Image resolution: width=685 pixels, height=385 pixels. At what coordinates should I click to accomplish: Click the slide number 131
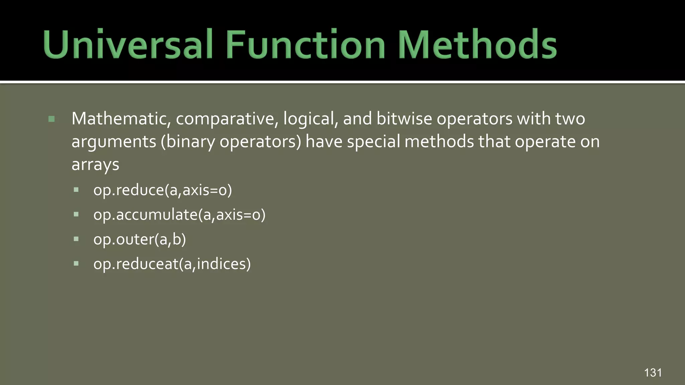653,373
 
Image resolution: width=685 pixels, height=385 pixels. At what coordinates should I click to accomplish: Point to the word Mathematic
119,119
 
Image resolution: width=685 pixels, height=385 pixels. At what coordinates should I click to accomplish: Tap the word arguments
114,142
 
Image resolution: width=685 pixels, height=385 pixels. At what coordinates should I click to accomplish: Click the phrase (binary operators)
231,142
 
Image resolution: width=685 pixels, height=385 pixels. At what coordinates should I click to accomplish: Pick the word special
373,142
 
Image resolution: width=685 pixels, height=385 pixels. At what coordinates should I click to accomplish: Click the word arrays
95,165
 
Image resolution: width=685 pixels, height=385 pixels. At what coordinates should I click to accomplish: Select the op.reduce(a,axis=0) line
163,190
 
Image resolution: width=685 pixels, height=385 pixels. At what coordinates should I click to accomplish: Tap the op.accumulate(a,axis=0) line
179,215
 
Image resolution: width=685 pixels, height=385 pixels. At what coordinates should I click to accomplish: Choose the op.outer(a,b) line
139,239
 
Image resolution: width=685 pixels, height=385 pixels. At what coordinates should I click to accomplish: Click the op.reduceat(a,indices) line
172,264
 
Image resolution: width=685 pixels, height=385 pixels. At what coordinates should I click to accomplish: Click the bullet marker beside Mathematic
52,119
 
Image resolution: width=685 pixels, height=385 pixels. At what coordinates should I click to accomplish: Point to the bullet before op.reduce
76,190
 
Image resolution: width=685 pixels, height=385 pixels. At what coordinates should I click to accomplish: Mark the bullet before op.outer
76,239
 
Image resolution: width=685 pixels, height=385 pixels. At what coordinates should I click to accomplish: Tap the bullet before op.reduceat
76,264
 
